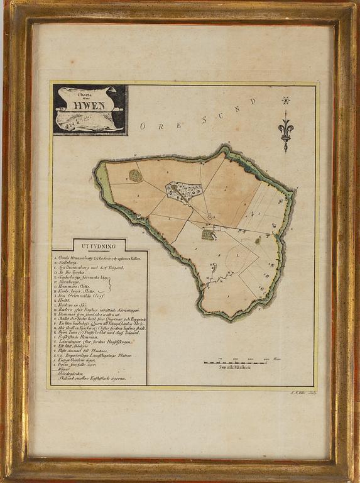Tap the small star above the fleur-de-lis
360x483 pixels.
pos(286,100)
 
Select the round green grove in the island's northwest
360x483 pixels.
pos(136,175)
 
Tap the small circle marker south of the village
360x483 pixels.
pos(210,218)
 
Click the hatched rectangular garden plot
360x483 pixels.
pos(209,235)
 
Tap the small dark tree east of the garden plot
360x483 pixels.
pos(258,240)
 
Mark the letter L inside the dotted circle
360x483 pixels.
pos(235,254)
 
